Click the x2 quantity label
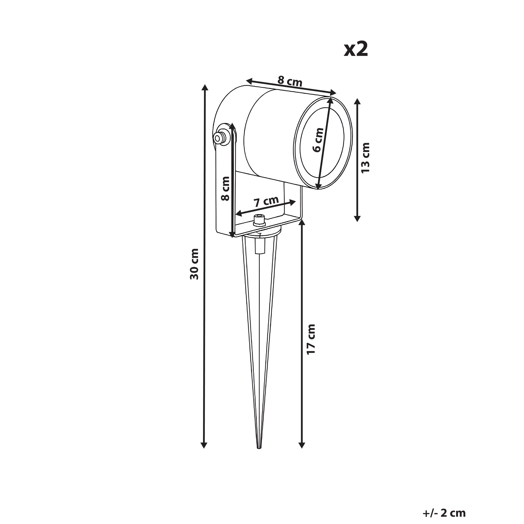pos(356,49)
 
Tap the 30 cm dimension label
pos(194,264)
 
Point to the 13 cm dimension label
pos(365,158)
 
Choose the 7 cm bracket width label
pos(266,201)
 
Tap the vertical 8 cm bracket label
pos(225,189)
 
